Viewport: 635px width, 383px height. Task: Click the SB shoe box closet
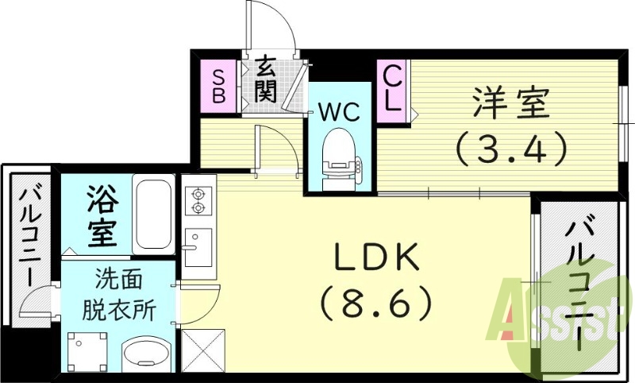218,84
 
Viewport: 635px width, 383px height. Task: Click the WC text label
339,110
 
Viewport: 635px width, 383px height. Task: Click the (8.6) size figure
376,302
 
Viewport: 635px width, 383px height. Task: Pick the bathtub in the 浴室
152,213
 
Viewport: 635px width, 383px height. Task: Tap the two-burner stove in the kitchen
197,201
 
